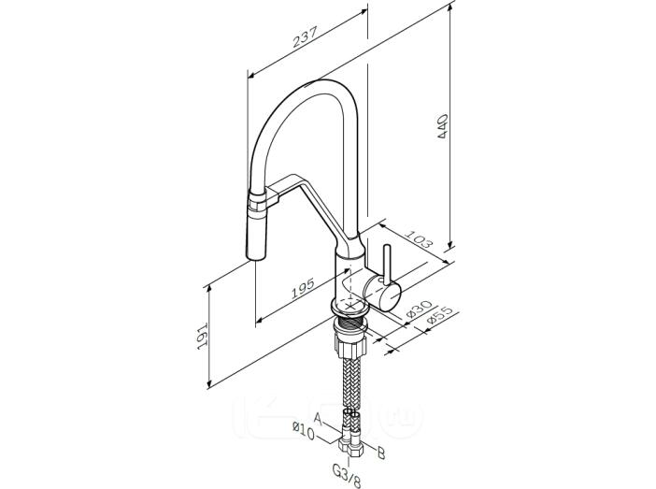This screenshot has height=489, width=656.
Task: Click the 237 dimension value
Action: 306,36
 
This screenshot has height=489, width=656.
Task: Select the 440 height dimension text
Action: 442,126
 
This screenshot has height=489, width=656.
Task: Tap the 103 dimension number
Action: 418,238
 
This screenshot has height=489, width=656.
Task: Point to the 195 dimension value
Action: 303,288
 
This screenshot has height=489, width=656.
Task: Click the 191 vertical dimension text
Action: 203,336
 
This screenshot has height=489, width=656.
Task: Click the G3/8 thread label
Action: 347,475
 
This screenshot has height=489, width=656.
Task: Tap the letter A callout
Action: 319,419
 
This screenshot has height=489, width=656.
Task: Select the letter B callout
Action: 380,453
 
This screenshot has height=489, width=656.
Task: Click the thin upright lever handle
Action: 387,265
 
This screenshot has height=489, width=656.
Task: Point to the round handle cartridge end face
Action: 391,297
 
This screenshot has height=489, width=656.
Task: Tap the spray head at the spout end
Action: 257,225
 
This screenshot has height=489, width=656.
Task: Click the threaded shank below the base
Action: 350,324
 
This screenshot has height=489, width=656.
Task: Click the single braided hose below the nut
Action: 350,383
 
